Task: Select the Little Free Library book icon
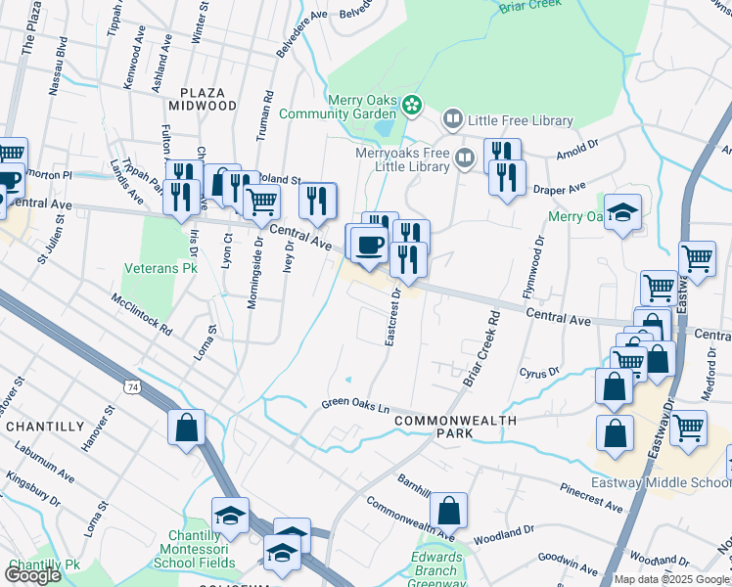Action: tap(452, 120)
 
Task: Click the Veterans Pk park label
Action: tap(161, 266)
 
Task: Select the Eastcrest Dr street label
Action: tap(393, 316)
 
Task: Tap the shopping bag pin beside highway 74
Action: tap(186, 428)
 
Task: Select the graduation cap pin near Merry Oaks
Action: tap(622, 212)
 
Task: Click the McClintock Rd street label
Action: tap(142, 313)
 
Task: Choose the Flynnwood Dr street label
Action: tap(536, 267)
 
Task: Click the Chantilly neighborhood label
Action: tap(45, 427)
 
